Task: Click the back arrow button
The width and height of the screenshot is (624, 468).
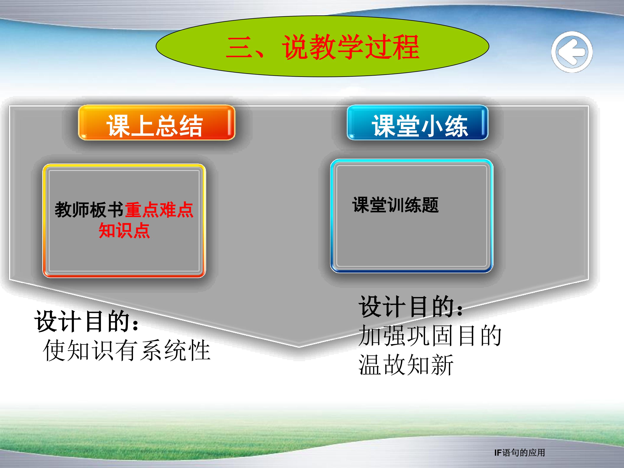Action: [572, 52]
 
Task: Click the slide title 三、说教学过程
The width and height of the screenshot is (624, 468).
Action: [322, 47]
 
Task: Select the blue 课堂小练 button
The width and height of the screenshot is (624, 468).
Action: [418, 122]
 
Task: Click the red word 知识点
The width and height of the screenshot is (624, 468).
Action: [124, 231]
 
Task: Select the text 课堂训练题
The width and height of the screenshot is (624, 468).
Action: [395, 205]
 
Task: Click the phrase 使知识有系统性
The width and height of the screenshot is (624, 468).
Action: [127, 350]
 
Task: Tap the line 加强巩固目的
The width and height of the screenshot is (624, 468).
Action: [430, 336]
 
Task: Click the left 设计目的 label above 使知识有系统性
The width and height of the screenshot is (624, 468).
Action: [87, 321]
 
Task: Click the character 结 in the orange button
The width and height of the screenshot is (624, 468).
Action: [191, 126]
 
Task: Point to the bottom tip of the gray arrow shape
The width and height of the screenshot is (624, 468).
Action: [299, 346]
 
